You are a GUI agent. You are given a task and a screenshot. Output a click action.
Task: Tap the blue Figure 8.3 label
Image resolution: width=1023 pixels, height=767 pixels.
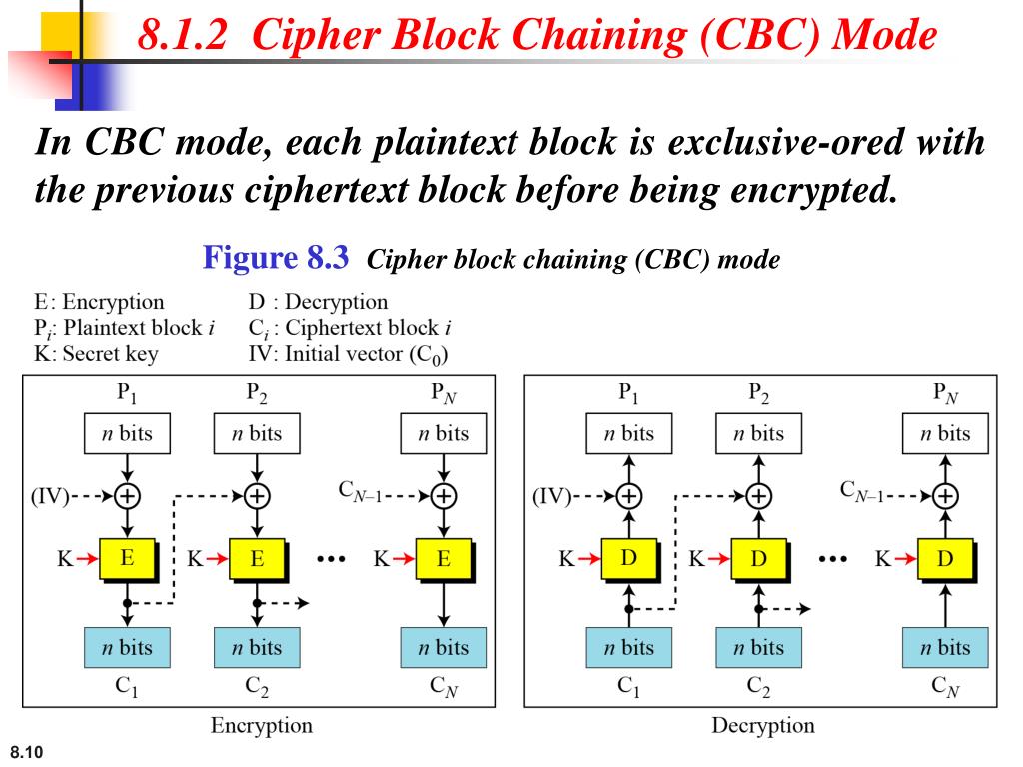click(x=276, y=257)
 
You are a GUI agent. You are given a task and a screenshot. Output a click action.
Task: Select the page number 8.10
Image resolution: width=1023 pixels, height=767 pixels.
click(x=27, y=752)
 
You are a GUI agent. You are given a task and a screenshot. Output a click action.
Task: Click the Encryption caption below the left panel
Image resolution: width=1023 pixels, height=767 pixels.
click(x=261, y=725)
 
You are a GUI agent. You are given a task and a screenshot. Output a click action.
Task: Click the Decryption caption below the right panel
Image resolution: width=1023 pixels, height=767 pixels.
click(x=762, y=725)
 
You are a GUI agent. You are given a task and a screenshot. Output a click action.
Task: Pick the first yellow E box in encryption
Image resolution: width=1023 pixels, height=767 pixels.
click(x=127, y=559)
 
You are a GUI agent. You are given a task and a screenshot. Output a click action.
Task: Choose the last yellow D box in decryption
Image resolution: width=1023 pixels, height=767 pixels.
click(x=945, y=559)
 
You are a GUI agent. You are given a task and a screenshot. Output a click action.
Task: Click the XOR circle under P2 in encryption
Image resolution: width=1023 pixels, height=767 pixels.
click(x=257, y=496)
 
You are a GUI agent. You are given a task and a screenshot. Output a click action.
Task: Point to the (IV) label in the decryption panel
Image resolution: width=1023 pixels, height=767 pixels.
click(x=551, y=497)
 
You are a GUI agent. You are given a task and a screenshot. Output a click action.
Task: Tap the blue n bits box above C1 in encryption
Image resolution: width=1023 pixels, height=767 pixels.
click(x=127, y=647)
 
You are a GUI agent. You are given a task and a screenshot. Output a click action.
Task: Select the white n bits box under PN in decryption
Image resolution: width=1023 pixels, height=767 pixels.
click(x=945, y=433)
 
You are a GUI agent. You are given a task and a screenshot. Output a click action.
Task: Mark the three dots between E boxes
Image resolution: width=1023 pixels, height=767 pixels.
click(x=331, y=559)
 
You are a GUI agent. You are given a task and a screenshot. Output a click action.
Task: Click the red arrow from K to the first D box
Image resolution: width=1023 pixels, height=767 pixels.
click(x=589, y=559)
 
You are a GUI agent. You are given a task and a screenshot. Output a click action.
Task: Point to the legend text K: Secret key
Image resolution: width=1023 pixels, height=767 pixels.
click(x=96, y=353)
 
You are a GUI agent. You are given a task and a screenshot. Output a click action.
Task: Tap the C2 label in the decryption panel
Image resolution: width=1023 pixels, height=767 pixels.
click(x=758, y=686)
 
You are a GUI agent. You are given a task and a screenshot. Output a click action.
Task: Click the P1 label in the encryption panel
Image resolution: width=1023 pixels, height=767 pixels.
click(x=127, y=392)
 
